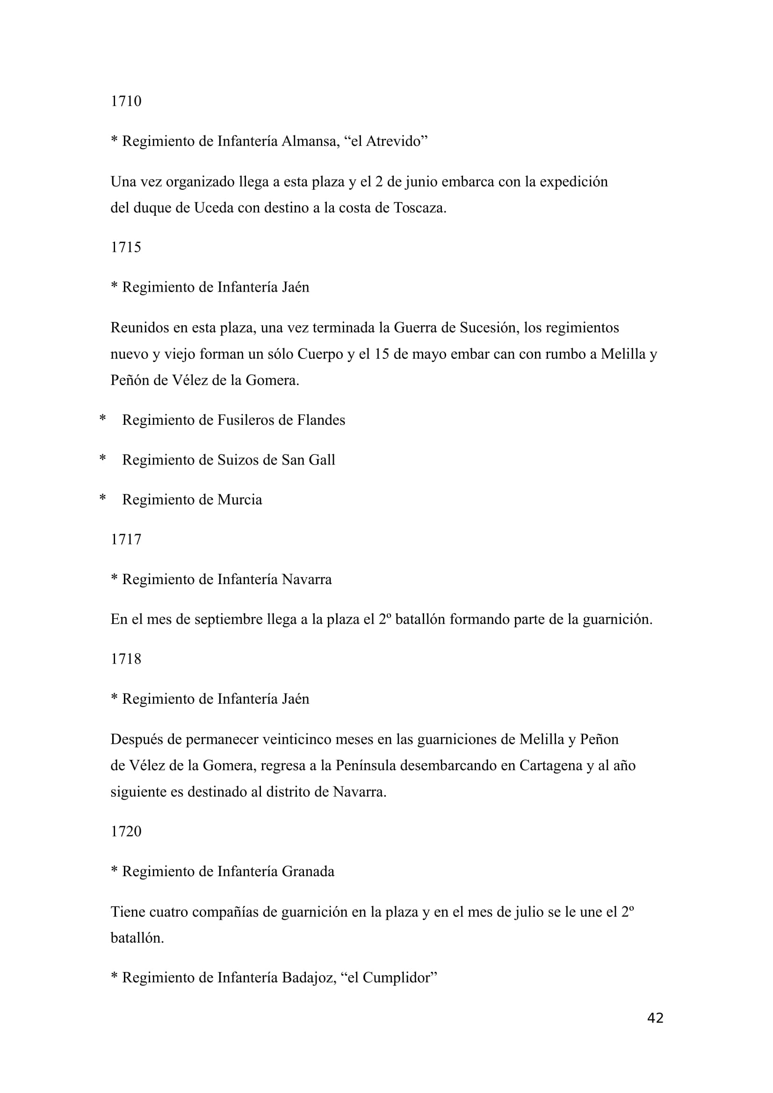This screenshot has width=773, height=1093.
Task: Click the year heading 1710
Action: (x=126, y=101)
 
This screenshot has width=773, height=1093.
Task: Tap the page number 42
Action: (x=655, y=1018)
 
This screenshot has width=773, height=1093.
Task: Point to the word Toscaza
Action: (x=419, y=208)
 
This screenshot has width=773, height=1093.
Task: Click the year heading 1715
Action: (x=126, y=247)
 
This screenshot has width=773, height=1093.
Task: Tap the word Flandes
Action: (x=321, y=420)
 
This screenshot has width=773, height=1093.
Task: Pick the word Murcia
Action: (x=239, y=500)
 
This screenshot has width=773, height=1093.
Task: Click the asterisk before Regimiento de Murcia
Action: (x=102, y=499)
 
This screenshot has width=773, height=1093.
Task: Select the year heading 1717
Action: (x=126, y=539)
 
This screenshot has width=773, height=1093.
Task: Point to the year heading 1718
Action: (x=126, y=659)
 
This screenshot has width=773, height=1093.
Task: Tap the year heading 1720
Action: (x=126, y=831)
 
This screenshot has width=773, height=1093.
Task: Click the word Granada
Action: (x=308, y=872)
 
